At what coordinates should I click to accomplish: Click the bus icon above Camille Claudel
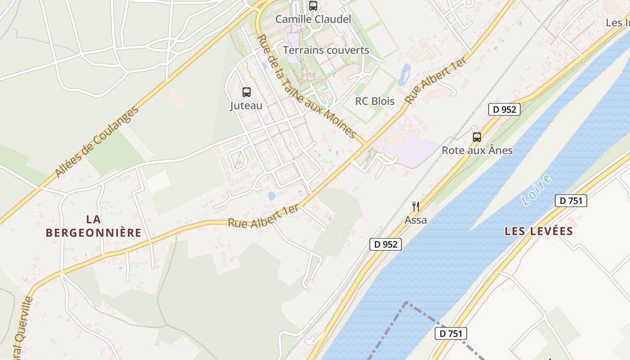(313, 6)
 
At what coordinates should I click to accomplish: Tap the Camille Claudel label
(313, 19)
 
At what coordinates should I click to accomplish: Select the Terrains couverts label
(326, 50)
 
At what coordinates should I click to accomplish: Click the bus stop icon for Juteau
(247, 92)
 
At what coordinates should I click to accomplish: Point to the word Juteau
(246, 106)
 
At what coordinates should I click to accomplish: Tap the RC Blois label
(375, 101)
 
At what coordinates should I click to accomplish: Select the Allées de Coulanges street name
(96, 141)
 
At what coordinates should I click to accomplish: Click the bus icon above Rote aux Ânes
(477, 137)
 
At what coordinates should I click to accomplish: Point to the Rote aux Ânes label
(477, 150)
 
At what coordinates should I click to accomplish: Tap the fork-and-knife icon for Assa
(416, 207)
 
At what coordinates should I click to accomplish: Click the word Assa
(416, 220)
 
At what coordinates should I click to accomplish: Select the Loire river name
(537, 190)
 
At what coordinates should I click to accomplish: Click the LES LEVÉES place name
(538, 231)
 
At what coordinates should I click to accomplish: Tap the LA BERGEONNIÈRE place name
(94, 226)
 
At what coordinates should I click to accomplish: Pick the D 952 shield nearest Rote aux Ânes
(504, 109)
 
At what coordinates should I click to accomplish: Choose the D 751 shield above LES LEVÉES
(571, 201)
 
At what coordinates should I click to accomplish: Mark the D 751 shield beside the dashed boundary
(451, 333)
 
